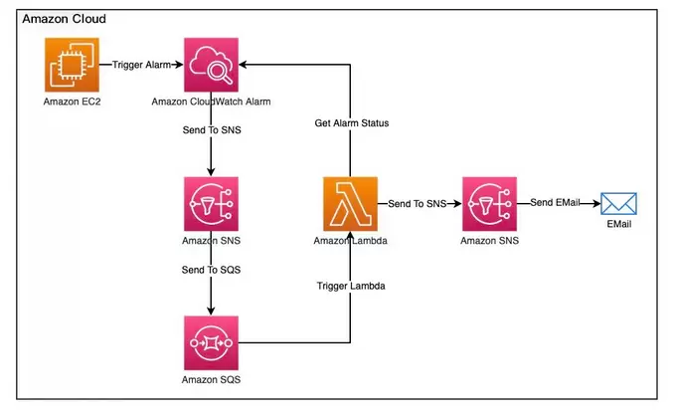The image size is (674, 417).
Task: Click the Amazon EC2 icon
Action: [x=71, y=65]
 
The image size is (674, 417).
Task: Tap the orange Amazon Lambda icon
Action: [x=350, y=204]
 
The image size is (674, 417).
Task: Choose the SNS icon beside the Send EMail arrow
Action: [x=489, y=204]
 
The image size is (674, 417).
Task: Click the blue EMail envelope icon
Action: [x=619, y=204]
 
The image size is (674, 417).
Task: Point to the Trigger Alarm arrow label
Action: [x=142, y=65]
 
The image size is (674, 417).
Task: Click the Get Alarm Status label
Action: [x=350, y=122]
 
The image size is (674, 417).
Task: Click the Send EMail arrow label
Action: [x=558, y=204]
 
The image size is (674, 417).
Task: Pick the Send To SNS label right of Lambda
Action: [x=419, y=204]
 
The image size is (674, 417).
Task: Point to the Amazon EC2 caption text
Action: [x=71, y=102]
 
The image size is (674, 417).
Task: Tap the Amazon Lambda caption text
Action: [x=350, y=240]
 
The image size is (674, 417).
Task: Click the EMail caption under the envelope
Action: [x=619, y=224]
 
